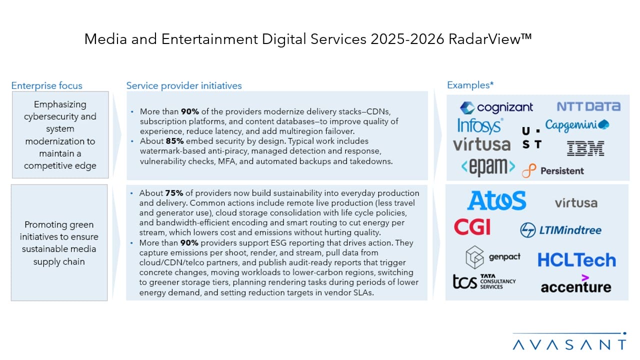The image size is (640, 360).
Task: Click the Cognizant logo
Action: (496, 107)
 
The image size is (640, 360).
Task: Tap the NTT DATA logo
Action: (588, 106)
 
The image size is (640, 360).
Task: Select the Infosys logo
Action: (480, 125)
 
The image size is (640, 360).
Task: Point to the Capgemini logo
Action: (577, 125)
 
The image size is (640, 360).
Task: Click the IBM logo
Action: (585, 148)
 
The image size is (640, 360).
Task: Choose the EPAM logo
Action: (488, 167)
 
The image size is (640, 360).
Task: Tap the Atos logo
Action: (496, 201)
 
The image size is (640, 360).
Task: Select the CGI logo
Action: (472, 227)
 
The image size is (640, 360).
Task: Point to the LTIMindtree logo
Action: (560, 230)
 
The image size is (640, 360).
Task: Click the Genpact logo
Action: (493, 257)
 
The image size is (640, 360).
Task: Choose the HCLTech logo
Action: (576, 260)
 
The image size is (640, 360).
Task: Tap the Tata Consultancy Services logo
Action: (484, 281)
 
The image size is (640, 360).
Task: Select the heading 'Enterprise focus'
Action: (47, 85)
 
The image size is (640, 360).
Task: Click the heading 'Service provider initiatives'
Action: (184, 85)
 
